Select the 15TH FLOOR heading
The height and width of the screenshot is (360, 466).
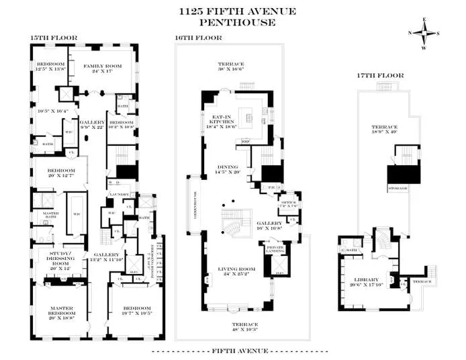53,38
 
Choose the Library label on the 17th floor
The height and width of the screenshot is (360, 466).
369,281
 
